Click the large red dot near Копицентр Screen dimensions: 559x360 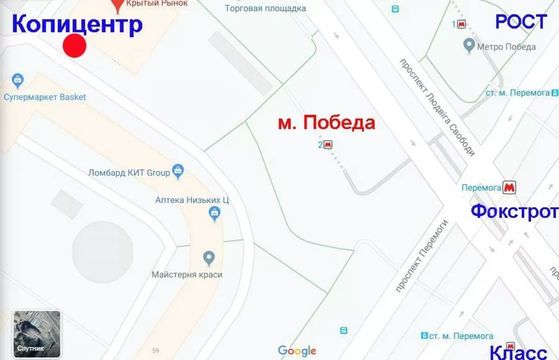pos(75,46)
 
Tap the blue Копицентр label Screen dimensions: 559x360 pos(76,24)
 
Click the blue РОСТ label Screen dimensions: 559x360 pos(520,22)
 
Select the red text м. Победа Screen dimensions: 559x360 pos(327,123)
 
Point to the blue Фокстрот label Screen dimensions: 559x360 pos(514,211)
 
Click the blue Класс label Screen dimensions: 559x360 pos(518,352)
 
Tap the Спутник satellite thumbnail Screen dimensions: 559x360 pos(37,334)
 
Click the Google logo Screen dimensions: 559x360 pos(297,351)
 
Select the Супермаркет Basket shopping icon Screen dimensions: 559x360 pos(18,81)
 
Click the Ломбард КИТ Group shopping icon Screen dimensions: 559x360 pos(178,171)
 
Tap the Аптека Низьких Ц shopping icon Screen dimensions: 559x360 pos(214,214)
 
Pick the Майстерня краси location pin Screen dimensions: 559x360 pos(209,257)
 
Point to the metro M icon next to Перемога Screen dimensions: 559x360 pos(509,187)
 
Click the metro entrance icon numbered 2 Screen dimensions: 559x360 pos(328,145)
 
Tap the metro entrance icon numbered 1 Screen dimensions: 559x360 pos(461,24)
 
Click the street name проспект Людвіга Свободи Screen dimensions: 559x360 pos(437,107)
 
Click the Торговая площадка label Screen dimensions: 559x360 pos(266,8)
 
